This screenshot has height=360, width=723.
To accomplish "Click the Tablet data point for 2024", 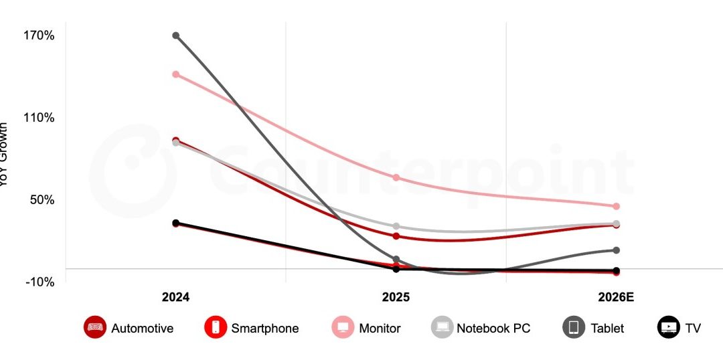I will point(175,35).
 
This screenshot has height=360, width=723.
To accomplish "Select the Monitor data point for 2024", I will point(175,74).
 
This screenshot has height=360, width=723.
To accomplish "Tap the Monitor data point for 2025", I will point(396,177).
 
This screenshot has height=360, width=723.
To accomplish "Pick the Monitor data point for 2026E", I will point(616,206).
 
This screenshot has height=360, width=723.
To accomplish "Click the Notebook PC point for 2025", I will point(396,226).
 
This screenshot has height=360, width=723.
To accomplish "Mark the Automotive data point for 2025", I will point(396,236).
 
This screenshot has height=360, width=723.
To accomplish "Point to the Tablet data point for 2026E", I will point(616,250).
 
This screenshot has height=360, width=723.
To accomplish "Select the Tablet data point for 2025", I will point(396,259).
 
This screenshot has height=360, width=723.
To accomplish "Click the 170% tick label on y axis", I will point(39,35).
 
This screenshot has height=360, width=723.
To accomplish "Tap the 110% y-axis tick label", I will point(39,117).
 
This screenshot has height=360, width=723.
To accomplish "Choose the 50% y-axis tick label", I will point(42,199).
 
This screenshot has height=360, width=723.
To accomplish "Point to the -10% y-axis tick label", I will point(41,282).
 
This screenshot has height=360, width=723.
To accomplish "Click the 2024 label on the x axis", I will point(175,298).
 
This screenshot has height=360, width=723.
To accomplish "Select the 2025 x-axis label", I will point(396,298).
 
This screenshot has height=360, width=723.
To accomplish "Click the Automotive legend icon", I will point(95,328).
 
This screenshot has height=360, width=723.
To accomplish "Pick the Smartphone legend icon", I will point(215,328).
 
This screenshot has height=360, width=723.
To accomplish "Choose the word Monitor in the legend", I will point(380,329).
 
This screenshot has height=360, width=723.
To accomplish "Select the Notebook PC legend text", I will point(493,329).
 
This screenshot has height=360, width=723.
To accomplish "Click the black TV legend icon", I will point(668,328).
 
